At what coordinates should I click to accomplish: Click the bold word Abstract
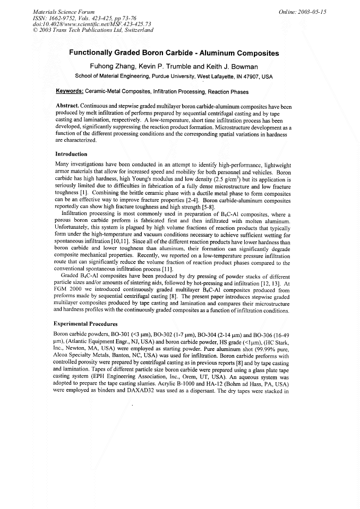[67, 106]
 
